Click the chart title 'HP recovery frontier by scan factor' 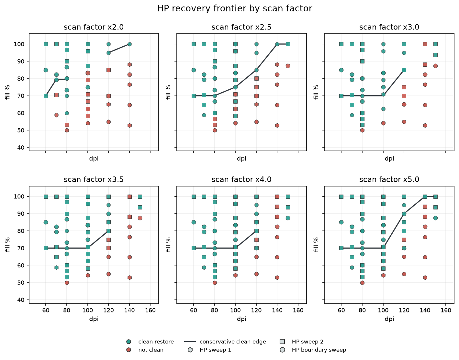(x=235, y=9)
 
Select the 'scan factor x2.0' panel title (x=94, y=27)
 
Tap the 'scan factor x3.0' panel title (x=389, y=27)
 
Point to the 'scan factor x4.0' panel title (x=241, y=180)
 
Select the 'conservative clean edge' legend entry (x=225, y=342)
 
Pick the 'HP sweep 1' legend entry (x=209, y=350)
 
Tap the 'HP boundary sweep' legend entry (x=313, y=350)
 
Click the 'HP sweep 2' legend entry (x=302, y=342)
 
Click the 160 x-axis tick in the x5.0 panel (x=446, y=310)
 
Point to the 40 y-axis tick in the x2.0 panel (x=21, y=148)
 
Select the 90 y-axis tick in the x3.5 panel (x=21, y=214)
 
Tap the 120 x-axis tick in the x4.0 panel (x=256, y=310)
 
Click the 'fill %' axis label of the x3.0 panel (x=316, y=92)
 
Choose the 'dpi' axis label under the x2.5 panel (x=241, y=159)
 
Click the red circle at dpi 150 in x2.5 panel (x=288, y=66)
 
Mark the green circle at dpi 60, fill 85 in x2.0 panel (x=46, y=70)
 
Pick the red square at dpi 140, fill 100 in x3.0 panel (x=425, y=44)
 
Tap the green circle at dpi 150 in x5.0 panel (x=435, y=218)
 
